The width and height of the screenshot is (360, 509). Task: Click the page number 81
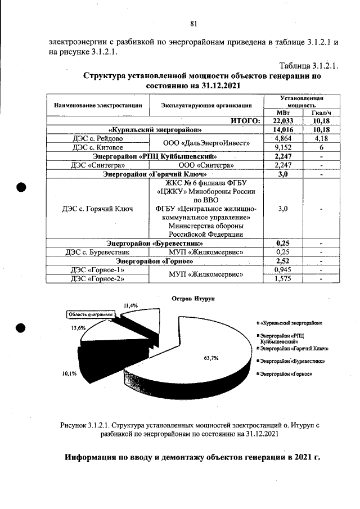(193, 23)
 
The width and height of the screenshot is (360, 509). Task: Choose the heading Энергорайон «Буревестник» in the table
(155, 244)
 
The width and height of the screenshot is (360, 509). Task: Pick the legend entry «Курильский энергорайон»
(294, 324)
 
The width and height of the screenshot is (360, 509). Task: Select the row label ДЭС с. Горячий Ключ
(99, 209)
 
